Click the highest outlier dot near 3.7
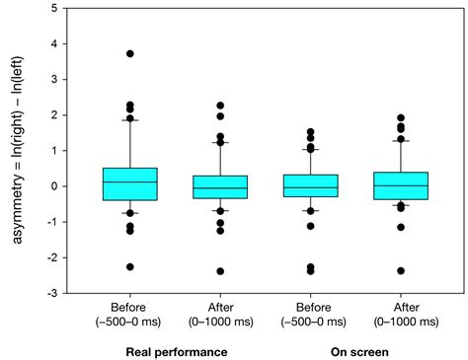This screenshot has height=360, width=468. pyautogui.click(x=129, y=53)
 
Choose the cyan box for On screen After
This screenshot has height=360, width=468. pyautogui.click(x=401, y=185)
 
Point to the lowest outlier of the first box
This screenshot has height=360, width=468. pyautogui.click(x=129, y=266)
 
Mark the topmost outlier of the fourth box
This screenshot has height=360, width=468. pyautogui.click(x=401, y=117)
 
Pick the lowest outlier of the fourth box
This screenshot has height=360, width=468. pyautogui.click(x=401, y=270)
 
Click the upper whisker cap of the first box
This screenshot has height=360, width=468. pyautogui.click(x=129, y=119)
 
